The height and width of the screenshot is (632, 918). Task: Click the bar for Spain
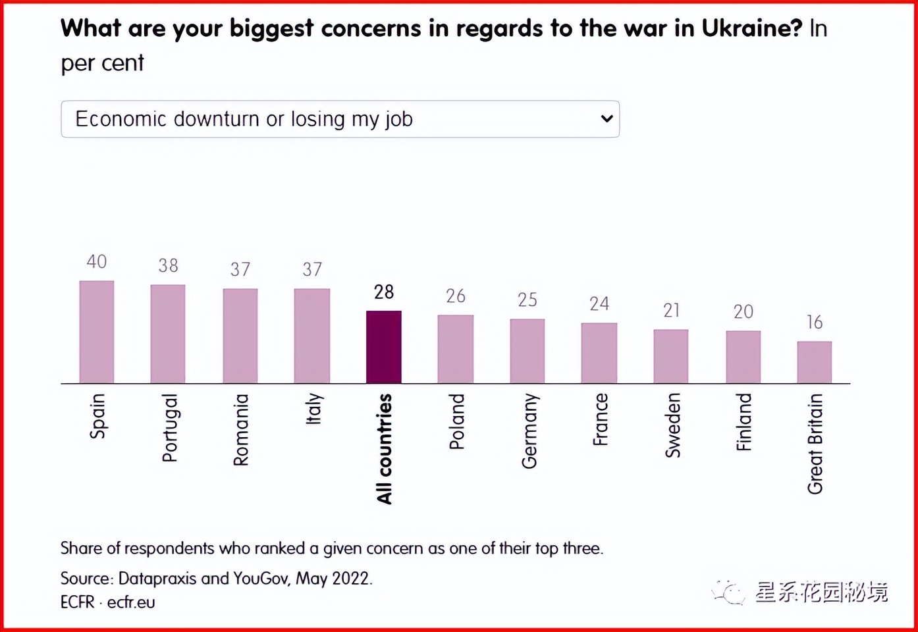tap(97, 332)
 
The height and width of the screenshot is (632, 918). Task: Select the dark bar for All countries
tap(384, 347)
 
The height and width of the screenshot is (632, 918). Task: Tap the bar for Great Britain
tap(815, 362)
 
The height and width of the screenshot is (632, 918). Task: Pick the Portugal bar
tap(168, 334)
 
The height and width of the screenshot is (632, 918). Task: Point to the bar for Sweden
tap(671, 356)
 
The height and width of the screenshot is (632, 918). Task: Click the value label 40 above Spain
tap(97, 262)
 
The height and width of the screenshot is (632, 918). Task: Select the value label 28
tap(384, 292)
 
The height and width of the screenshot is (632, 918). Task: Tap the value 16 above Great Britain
tap(815, 323)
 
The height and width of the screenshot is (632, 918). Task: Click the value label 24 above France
tap(599, 304)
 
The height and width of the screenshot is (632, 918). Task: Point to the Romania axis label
tap(241, 430)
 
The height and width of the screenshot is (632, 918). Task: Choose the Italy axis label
tap(313, 409)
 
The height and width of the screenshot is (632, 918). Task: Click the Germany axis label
tap(529, 431)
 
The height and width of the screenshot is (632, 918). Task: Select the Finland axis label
tap(743, 422)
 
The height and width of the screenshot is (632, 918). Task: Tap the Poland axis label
tap(456, 422)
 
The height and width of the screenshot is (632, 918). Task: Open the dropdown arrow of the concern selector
tap(607, 119)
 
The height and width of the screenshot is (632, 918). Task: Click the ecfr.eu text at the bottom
tap(131, 602)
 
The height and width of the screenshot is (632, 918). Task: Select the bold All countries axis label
tap(385, 449)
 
